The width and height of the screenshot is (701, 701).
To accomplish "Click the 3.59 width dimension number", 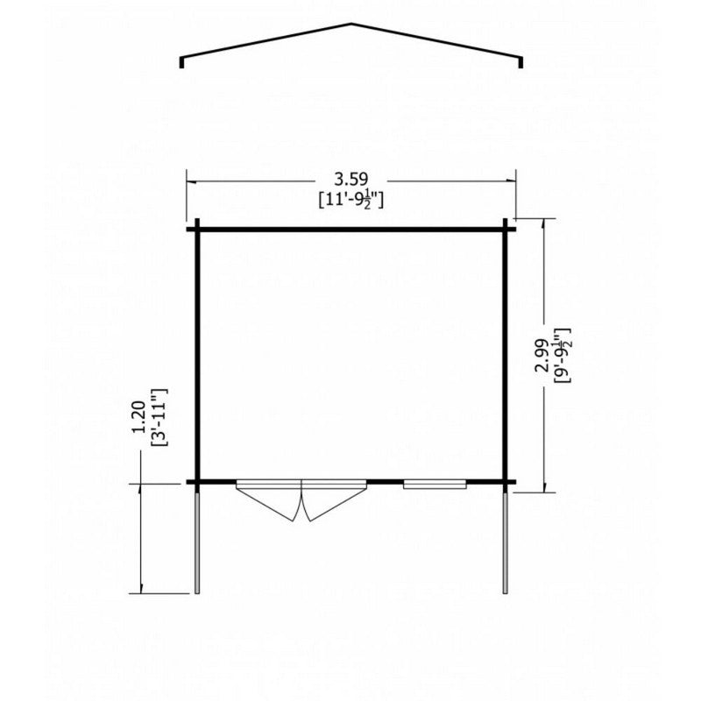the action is [351, 180].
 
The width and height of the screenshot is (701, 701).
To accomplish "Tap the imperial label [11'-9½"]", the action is [351, 200].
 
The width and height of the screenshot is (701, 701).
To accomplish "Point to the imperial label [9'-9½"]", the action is [562, 356].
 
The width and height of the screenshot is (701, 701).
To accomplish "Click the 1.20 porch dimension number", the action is [139, 417].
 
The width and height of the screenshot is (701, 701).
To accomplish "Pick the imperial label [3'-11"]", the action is [159, 417].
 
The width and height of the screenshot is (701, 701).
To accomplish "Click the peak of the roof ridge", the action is [351, 24].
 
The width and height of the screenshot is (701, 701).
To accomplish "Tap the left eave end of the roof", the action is [181, 62].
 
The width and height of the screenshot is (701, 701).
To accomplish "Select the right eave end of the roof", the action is [520, 62].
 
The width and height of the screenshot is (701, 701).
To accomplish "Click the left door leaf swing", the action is [267, 503].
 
